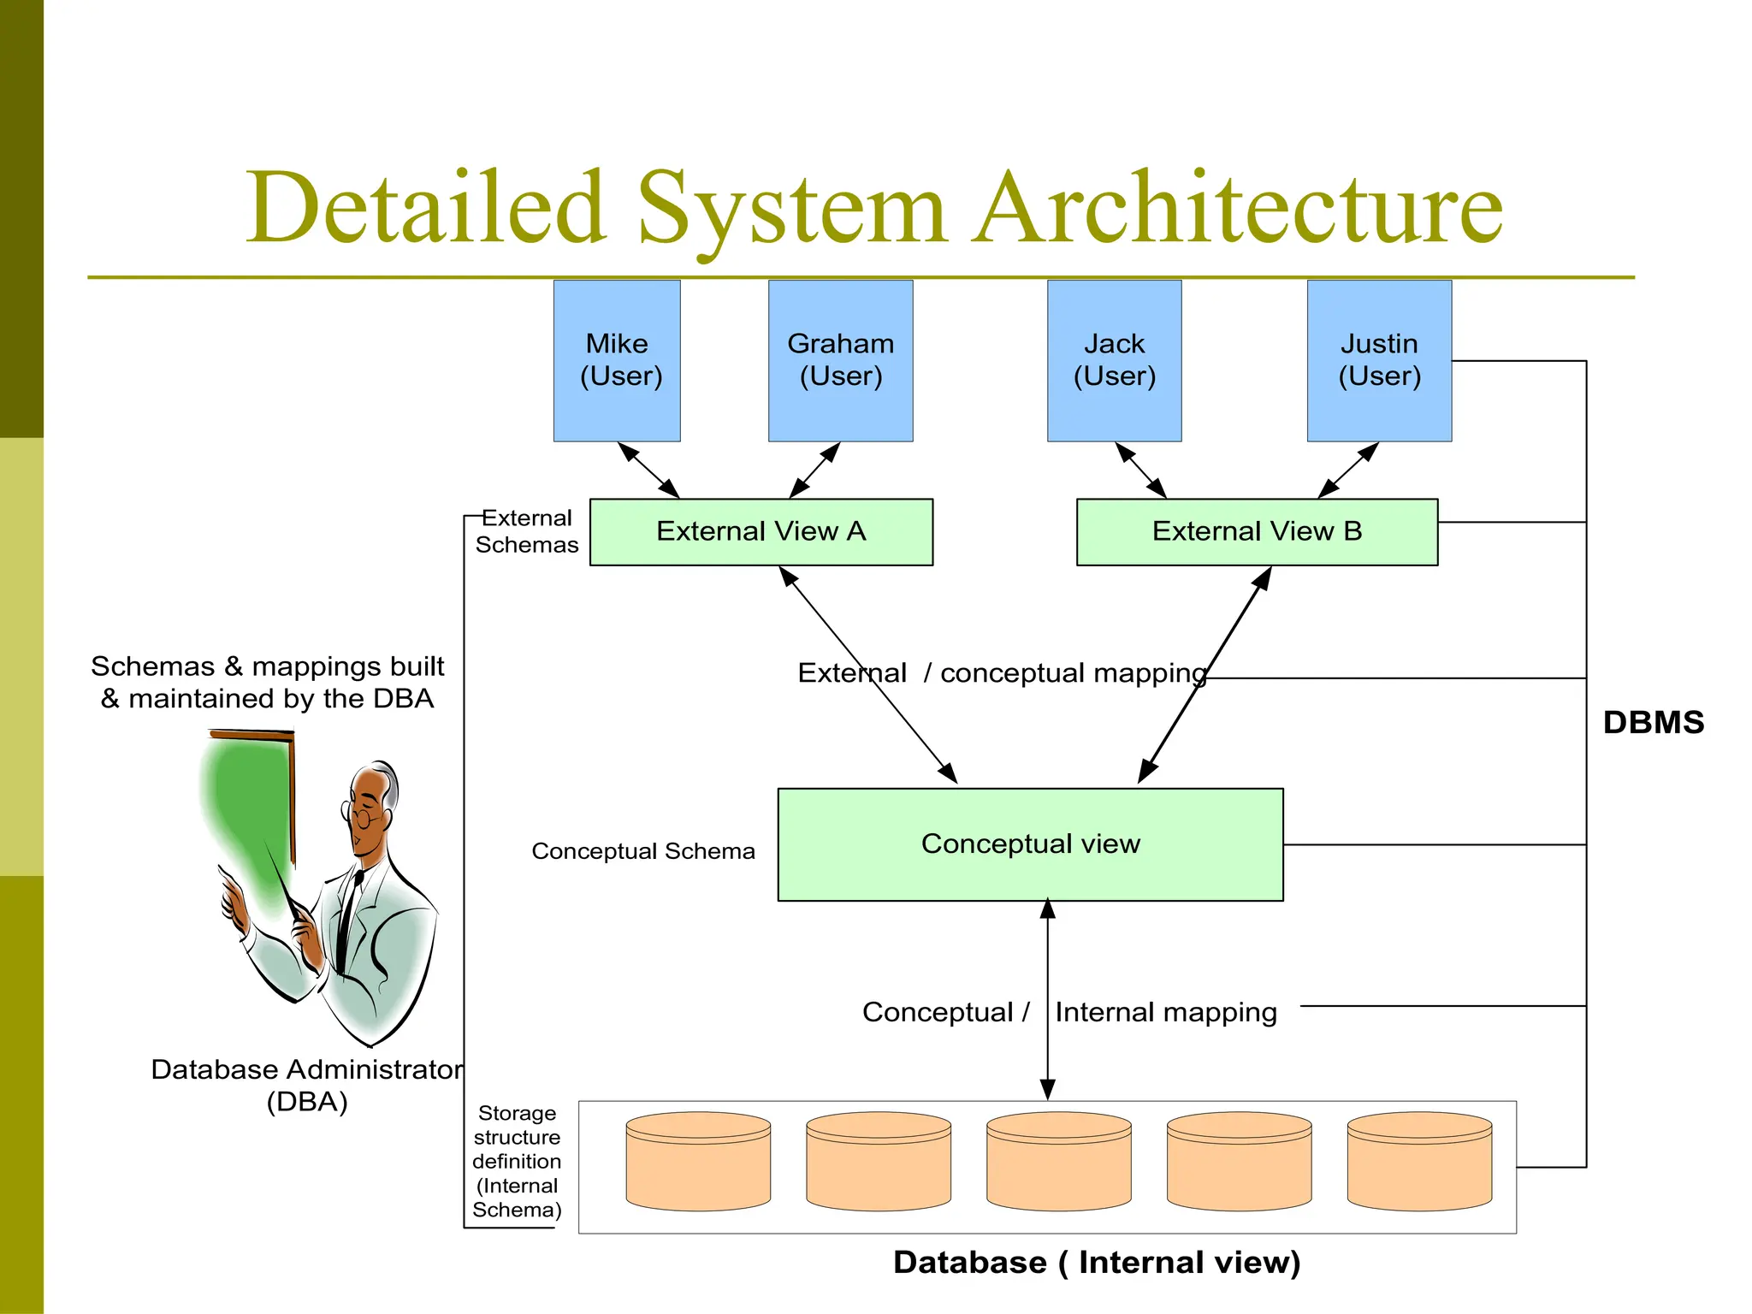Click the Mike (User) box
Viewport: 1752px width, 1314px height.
[617, 360]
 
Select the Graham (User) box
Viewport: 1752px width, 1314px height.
[840, 360]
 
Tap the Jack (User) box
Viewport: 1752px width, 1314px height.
[1114, 360]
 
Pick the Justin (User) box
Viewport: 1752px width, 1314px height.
[1379, 360]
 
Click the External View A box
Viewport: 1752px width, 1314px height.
[761, 531]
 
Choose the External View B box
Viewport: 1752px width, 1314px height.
[1257, 531]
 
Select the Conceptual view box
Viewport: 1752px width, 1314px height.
[1030, 843]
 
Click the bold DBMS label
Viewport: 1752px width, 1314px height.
[1653, 722]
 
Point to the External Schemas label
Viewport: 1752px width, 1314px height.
[526, 531]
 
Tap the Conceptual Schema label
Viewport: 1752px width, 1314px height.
[643, 851]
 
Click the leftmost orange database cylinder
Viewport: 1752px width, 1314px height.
[698, 1161]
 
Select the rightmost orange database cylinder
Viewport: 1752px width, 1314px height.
[1419, 1161]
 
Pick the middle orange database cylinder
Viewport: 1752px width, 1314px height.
[1059, 1161]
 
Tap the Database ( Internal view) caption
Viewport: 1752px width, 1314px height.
[1096, 1263]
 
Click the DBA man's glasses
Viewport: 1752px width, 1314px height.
[363, 817]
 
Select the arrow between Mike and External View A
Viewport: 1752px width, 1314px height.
[648, 470]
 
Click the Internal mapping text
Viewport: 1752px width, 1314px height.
[1165, 1012]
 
